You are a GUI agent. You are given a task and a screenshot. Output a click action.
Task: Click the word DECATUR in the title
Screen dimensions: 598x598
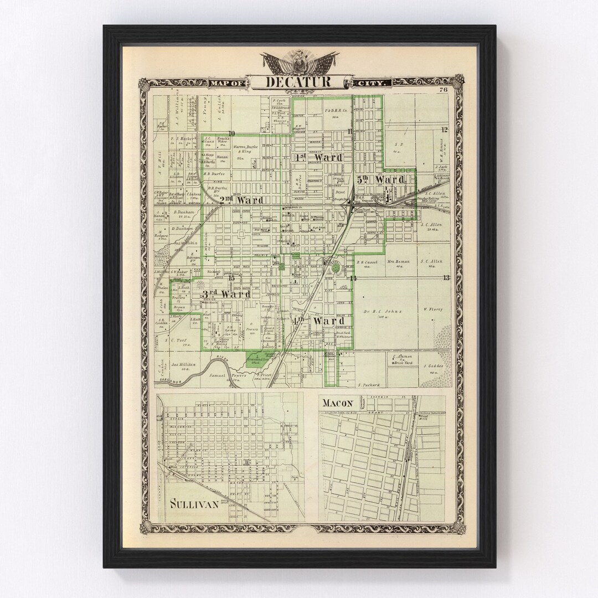(299, 82)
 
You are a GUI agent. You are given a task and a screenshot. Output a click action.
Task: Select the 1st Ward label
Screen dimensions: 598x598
(318, 158)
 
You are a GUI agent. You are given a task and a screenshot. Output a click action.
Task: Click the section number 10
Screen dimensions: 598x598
(231, 132)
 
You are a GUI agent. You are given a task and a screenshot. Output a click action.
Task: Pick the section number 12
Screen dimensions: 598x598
(444, 130)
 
